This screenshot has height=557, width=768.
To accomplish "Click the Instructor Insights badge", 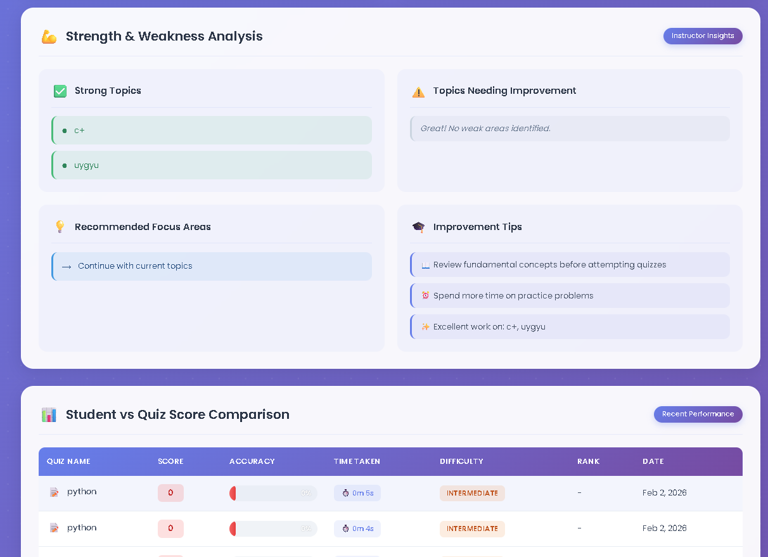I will click(x=703, y=36).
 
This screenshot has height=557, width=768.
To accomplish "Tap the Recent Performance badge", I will click(x=698, y=414).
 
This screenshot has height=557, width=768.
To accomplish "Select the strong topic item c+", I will click(x=212, y=131).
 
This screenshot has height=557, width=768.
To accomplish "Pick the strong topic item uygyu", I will click(x=212, y=165).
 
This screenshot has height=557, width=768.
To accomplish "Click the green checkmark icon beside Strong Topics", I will click(x=60, y=91).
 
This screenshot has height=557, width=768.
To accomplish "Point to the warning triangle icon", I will click(x=418, y=92).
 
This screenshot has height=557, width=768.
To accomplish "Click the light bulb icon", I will click(x=60, y=227).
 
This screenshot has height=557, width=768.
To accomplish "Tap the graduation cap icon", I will click(x=418, y=227).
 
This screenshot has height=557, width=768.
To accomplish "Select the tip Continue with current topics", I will click(x=212, y=266).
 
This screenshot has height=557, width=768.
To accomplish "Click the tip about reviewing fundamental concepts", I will click(x=570, y=265).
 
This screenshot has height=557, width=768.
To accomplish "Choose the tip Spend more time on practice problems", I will click(x=570, y=296).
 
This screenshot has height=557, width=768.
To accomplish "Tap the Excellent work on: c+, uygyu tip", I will click(x=570, y=327).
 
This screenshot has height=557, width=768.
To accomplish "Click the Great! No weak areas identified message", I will click(x=570, y=129).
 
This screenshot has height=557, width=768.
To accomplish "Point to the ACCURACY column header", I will click(x=252, y=461).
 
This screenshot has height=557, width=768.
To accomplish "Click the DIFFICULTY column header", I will click(x=461, y=461).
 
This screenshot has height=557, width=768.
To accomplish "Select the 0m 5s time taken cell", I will click(x=357, y=493).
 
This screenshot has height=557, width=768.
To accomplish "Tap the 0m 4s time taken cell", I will click(x=357, y=528).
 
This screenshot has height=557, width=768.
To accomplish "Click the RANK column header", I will click(x=588, y=461).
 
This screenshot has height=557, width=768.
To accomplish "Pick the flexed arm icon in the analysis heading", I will click(x=49, y=37).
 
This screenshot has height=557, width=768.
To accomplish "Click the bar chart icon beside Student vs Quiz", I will click(x=49, y=415).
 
